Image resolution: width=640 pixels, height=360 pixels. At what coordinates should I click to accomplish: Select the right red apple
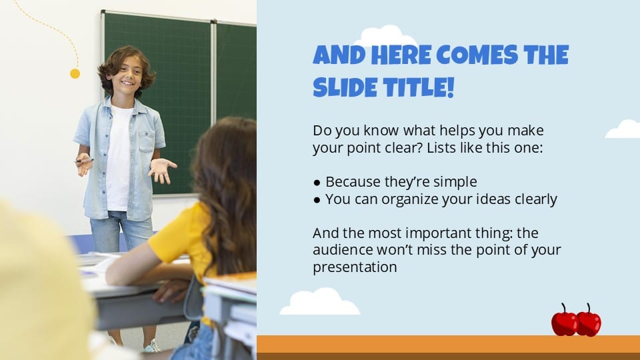click(x=589, y=322)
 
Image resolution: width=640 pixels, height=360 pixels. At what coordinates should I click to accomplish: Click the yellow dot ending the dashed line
click(x=75, y=74)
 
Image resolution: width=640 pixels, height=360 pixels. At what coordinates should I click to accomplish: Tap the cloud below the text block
click(x=319, y=302)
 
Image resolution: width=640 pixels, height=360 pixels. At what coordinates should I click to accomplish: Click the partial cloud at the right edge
click(x=625, y=130)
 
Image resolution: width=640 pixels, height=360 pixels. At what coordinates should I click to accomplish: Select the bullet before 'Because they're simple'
click(x=317, y=182)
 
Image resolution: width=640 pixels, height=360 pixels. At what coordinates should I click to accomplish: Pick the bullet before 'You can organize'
click(x=317, y=199)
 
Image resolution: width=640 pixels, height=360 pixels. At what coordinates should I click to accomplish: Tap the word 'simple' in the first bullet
click(x=456, y=182)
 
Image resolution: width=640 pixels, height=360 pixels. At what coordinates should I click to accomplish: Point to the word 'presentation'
click(x=355, y=267)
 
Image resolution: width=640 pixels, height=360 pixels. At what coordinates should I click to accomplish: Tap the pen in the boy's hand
click(x=82, y=161)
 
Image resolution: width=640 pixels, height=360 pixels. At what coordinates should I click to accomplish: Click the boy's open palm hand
click(x=162, y=169)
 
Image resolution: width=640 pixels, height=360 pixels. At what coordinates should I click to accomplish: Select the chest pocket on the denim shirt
click(x=147, y=139)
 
